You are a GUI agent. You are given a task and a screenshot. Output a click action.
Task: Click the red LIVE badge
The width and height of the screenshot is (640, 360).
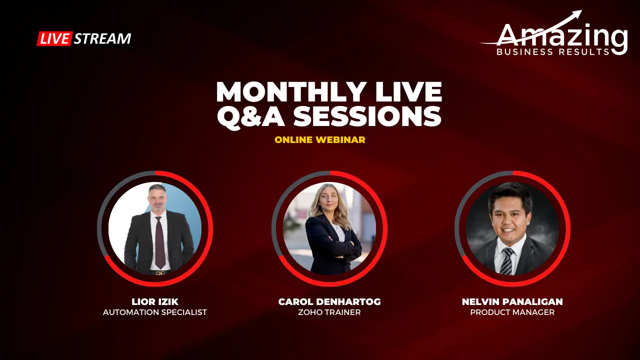[54, 38]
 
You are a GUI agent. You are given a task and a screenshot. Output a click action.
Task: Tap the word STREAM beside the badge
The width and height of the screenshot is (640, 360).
[102, 38]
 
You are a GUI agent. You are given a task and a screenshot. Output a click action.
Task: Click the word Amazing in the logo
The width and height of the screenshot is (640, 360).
[562, 36]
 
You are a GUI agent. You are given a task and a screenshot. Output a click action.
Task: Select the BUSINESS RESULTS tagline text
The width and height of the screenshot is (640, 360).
[553, 51]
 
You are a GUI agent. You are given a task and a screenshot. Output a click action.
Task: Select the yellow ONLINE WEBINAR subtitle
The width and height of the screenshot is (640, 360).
[320, 140]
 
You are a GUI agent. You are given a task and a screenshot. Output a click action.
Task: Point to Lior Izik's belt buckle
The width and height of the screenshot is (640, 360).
[159, 272]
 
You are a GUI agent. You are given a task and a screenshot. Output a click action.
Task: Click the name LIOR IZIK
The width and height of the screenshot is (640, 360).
[154, 301]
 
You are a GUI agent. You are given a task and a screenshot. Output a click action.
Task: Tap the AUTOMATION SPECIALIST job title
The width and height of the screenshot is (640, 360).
[154, 312]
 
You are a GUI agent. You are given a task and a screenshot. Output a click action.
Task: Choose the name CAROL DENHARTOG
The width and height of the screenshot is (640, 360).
[329, 301]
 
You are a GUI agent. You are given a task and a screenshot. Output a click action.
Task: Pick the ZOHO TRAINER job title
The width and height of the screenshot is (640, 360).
[329, 312]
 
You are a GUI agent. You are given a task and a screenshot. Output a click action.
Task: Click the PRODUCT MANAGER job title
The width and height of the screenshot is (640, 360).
[512, 312]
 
